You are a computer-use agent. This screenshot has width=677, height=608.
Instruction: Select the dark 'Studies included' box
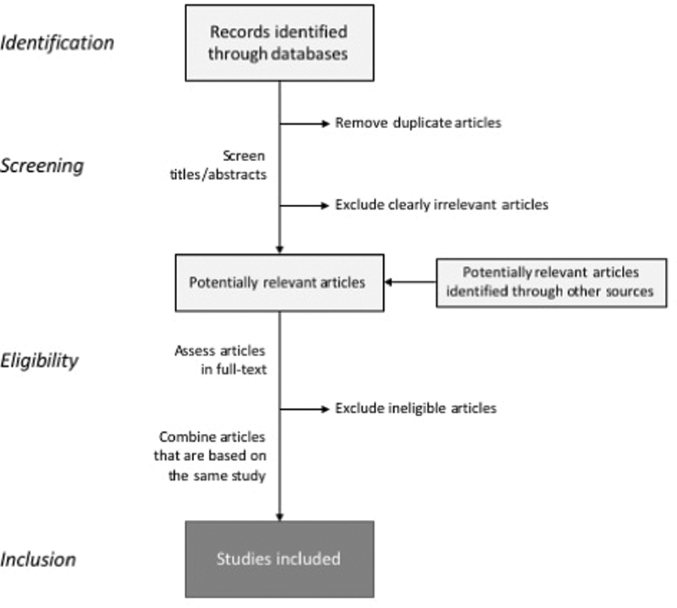279,559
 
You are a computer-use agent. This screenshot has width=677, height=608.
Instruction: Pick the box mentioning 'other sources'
551,282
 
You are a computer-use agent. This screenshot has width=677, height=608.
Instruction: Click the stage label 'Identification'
57,42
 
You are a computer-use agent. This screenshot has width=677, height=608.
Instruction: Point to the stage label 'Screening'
42,165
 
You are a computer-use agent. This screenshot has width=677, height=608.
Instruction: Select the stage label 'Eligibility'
39,360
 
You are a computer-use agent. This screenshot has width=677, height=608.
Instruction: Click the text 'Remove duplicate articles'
418,122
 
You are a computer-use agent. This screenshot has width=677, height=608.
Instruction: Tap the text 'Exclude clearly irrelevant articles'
441,205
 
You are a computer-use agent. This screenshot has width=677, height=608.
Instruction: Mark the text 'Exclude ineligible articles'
416,408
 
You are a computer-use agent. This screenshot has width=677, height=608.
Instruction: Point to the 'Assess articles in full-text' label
219,360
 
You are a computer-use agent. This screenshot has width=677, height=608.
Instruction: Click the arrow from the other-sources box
410,282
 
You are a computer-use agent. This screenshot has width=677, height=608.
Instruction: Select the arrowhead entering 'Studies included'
279,516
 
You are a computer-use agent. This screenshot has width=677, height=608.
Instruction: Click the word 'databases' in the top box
311,54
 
